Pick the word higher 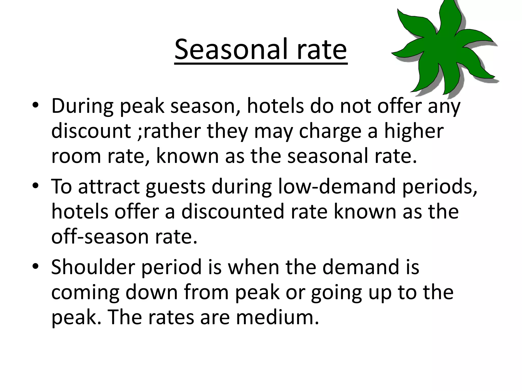click(x=414, y=131)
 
